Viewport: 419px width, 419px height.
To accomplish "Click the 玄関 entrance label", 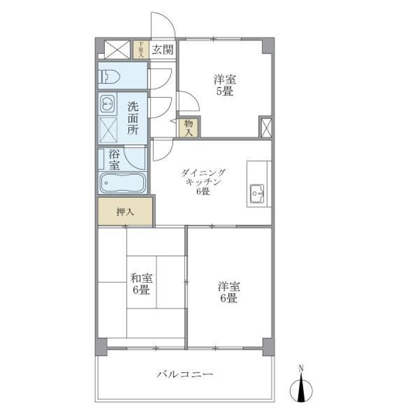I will [x=162, y=49].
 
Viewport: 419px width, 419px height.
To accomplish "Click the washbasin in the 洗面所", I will [x=107, y=103].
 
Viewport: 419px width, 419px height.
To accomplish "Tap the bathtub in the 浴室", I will [x=122, y=182].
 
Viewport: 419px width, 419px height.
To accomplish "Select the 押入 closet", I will [x=125, y=212].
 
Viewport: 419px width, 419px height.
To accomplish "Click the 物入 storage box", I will [x=189, y=128].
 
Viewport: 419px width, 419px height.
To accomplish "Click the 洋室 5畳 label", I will [x=225, y=86].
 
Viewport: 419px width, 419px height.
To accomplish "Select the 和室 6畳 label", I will [x=141, y=284].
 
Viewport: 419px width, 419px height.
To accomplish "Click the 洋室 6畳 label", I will [x=229, y=292].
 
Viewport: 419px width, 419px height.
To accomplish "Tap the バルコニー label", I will [x=185, y=374].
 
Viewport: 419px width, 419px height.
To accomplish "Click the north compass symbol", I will [x=301, y=388].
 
